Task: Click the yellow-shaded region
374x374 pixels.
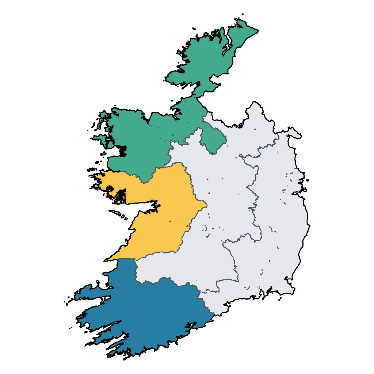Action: [x=164, y=212]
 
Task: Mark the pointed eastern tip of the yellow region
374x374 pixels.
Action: [x=207, y=205]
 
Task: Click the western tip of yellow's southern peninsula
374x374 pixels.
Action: [x=106, y=260]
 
